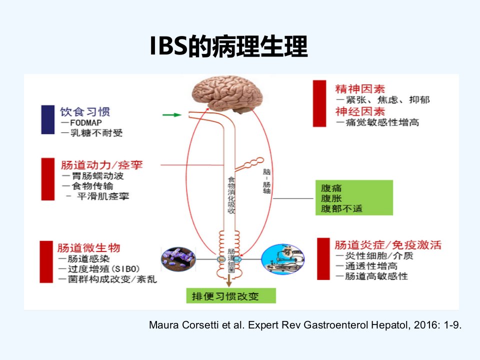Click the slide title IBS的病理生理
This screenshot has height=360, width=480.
point(228,46)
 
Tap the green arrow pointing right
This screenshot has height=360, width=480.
point(171,115)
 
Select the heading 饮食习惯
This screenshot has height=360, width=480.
point(85,111)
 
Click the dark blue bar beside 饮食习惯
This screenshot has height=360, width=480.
point(48,119)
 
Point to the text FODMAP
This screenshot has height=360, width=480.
point(86,123)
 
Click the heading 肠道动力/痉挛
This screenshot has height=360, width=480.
point(102,165)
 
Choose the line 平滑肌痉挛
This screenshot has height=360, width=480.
point(103,196)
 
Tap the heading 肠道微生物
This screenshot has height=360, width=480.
point(88,247)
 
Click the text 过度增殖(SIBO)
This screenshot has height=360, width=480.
point(104,269)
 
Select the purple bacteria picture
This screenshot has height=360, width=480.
point(178,259)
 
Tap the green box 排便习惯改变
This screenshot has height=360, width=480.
point(231,295)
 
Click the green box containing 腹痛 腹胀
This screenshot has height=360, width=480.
point(354,198)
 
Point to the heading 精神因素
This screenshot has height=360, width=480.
point(360,89)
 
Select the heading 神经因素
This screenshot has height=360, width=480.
point(360,111)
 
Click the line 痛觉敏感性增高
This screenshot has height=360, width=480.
point(382,122)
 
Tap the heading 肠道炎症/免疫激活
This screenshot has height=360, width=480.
point(388,245)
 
